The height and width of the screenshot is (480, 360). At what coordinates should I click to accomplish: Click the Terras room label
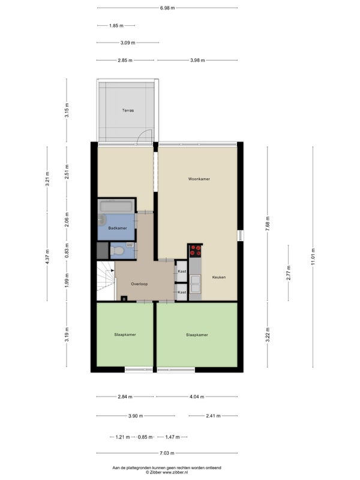(x=128, y=110)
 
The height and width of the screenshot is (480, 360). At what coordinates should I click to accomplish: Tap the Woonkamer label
(x=199, y=179)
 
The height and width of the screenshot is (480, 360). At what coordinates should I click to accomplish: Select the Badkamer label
(x=118, y=228)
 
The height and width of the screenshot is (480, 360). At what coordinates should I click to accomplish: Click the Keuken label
(x=219, y=277)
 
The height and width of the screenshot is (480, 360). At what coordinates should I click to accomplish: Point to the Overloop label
(x=139, y=284)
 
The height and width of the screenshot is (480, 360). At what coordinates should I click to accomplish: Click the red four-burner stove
(x=196, y=250)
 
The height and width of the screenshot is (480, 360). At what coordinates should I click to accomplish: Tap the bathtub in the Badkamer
(x=116, y=206)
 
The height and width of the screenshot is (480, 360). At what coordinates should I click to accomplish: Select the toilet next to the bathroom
(x=117, y=251)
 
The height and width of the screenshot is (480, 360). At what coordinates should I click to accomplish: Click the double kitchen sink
(x=196, y=284)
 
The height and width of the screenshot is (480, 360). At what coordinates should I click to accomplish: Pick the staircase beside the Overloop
(x=106, y=281)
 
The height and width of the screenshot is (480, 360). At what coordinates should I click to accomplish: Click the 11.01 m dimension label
(x=313, y=257)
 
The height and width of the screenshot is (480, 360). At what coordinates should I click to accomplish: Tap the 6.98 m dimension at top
(x=167, y=8)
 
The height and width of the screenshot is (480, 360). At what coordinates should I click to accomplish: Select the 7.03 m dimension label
(x=167, y=453)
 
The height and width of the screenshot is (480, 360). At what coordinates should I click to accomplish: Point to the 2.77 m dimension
(x=289, y=273)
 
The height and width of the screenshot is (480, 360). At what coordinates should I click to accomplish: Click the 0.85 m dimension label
(x=145, y=437)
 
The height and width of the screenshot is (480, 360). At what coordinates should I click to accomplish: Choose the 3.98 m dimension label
(x=197, y=61)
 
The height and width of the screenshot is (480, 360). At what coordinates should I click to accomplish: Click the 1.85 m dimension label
(x=116, y=26)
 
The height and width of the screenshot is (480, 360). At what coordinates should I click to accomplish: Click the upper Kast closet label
(x=182, y=271)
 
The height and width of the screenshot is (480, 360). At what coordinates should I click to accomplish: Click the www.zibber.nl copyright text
(x=167, y=472)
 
